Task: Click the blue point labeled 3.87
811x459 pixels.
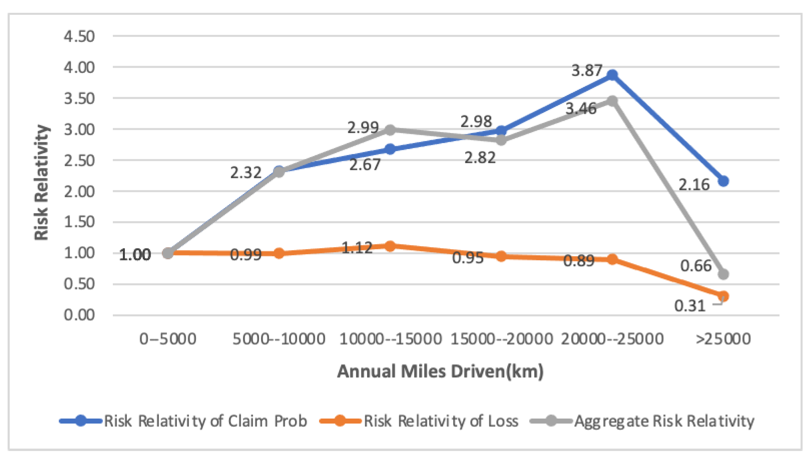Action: coord(612,75)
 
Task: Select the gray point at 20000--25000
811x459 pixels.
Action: coord(612,101)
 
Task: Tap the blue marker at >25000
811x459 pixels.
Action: coord(723,181)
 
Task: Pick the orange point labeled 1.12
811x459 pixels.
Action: coord(390,246)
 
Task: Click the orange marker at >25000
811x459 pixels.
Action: coord(723,296)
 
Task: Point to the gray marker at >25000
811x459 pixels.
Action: coord(723,274)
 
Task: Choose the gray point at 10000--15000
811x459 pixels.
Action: coord(390,130)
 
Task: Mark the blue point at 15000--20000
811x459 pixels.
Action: coord(501,131)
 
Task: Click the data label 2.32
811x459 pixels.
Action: coord(246,173)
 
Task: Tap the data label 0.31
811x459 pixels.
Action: coord(690,306)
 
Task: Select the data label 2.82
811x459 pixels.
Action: coord(480,157)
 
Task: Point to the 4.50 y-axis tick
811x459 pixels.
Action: coord(79,36)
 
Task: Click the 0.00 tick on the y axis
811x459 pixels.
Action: coord(79,315)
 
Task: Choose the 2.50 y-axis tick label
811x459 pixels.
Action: coord(79,160)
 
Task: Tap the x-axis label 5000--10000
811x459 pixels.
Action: coord(279,339)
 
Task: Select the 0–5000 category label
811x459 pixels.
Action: coord(168,339)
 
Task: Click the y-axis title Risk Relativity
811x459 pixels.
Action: coord(41,183)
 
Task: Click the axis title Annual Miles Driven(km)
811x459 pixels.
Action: coord(440,371)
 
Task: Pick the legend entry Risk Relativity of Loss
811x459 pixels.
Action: coord(419,421)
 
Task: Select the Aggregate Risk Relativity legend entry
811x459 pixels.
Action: coord(642,421)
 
